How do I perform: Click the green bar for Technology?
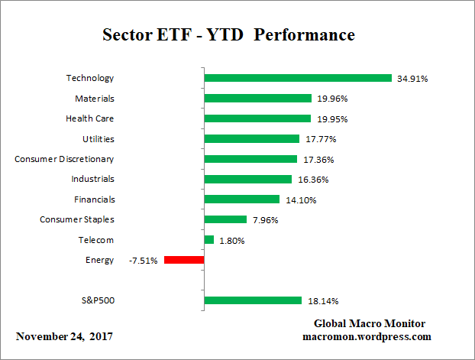click(298, 78)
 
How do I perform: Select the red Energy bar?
click(184, 260)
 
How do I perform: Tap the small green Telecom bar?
click(209, 240)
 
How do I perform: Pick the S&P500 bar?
click(253, 300)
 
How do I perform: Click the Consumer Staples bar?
click(226, 219)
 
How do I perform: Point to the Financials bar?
click(242, 199)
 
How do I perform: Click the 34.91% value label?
click(413, 79)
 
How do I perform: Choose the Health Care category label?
click(90, 118)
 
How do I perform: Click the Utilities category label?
click(98, 138)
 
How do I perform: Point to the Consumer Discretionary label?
click(64, 159)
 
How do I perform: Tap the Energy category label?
click(100, 260)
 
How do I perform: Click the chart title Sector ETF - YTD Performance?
click(228, 36)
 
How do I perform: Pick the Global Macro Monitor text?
click(370, 324)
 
